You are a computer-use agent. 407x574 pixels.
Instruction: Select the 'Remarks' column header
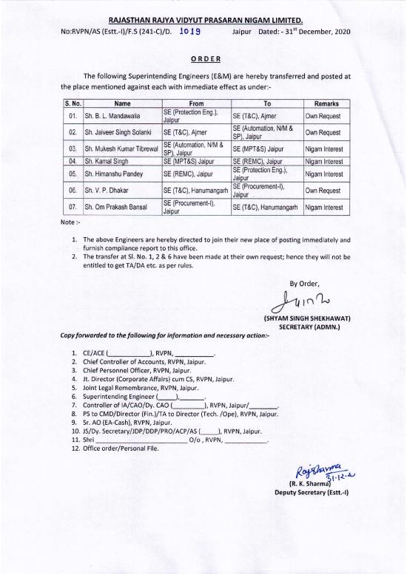[326, 104]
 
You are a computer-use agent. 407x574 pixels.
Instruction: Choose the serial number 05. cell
[73, 174]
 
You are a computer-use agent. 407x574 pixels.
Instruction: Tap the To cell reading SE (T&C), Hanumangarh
[265, 208]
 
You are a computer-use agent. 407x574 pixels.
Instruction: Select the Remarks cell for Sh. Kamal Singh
[326, 160]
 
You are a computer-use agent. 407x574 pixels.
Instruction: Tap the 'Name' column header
[122, 104]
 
